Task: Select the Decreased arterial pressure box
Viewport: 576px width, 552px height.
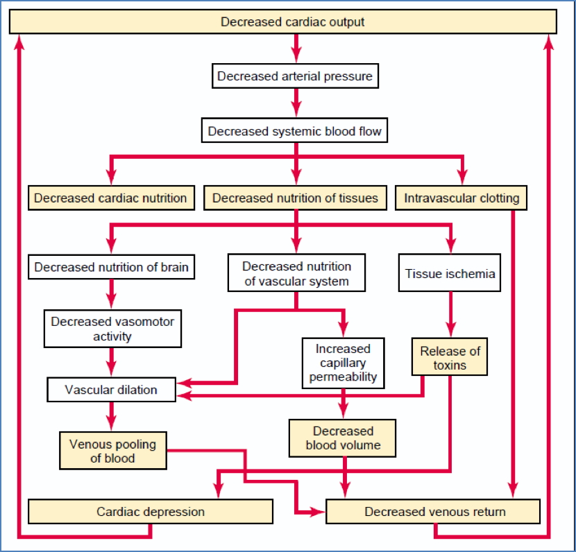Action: click(x=295, y=76)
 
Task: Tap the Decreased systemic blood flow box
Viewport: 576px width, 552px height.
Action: click(x=295, y=130)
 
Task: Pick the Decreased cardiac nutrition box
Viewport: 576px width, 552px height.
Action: click(x=110, y=198)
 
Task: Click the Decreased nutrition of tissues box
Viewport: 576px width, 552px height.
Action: click(x=295, y=198)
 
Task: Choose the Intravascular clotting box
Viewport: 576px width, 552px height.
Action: click(x=461, y=198)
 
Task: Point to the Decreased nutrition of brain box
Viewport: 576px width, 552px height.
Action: click(x=111, y=266)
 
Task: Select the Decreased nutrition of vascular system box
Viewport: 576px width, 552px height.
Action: click(x=297, y=273)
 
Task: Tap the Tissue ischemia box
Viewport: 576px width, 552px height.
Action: click(x=450, y=273)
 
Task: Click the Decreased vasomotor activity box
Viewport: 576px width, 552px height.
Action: click(x=112, y=329)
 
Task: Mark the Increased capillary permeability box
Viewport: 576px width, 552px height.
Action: click(x=343, y=362)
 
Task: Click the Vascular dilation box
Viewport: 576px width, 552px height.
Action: click(x=111, y=389)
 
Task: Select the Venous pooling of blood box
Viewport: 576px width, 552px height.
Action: click(x=112, y=451)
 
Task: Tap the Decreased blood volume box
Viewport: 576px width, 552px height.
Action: click(x=343, y=438)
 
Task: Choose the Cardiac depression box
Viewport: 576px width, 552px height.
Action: click(x=151, y=512)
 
